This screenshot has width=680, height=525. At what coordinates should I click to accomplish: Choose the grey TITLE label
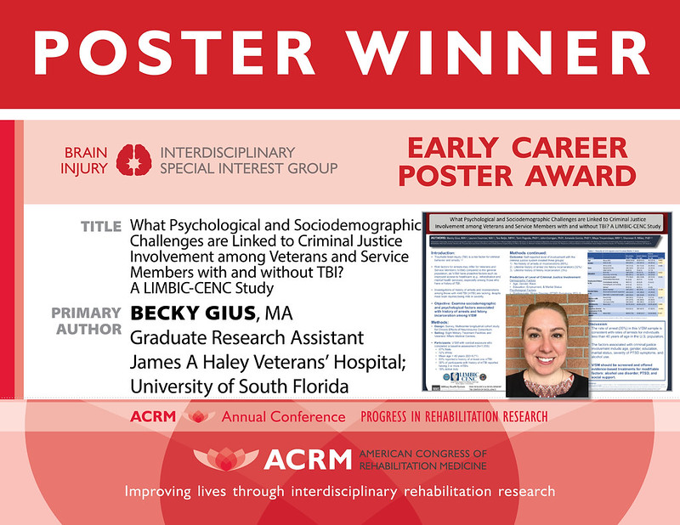101,227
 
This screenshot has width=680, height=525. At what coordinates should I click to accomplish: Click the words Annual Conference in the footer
284,417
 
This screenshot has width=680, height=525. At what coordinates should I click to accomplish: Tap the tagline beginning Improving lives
338,491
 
